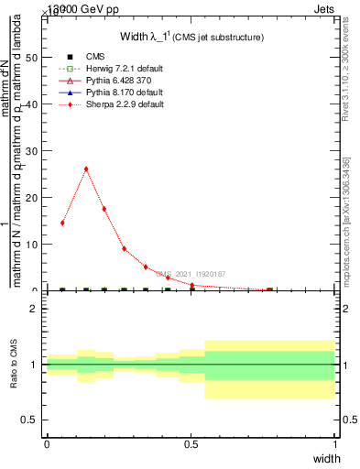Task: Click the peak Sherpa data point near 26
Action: coord(86,169)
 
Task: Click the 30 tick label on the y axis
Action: coord(34,151)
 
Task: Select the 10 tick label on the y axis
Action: coord(34,245)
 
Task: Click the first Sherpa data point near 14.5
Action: coord(62,223)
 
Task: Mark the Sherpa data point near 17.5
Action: coord(104,209)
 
